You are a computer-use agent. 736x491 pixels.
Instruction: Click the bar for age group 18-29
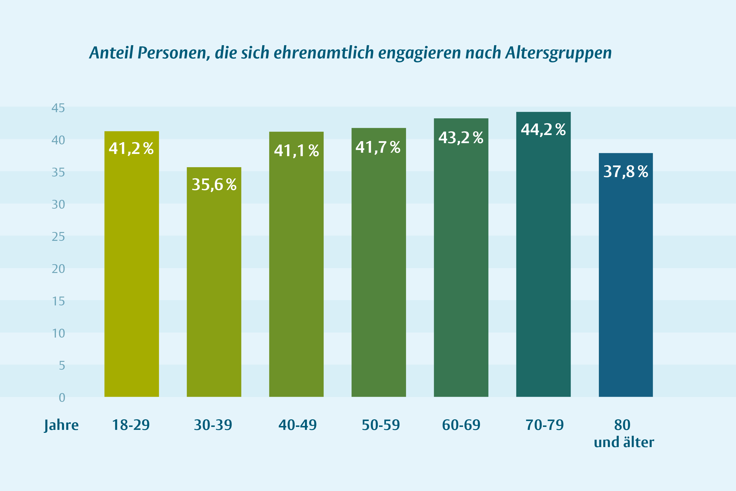[x=131, y=264]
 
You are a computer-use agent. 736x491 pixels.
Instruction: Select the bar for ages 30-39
[x=214, y=282]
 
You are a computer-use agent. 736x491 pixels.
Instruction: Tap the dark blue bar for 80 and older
[x=626, y=275]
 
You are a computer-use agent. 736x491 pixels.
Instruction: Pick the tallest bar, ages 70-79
[x=544, y=254]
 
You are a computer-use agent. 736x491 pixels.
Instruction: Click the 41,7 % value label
[x=378, y=147]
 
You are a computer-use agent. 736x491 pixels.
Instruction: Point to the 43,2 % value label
[x=461, y=137]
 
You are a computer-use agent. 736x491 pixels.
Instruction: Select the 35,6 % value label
[x=214, y=184]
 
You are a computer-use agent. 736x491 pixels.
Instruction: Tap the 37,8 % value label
[x=626, y=172]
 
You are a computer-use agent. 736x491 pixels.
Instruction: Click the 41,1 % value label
[x=296, y=151]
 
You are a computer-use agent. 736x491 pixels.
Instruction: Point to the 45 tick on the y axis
[x=58, y=108]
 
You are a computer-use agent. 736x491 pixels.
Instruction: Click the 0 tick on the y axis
[x=62, y=398]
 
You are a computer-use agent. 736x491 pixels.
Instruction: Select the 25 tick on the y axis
[x=58, y=237]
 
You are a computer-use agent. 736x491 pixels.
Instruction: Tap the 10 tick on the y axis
[x=58, y=333]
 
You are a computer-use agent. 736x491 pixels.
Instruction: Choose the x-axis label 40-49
[x=298, y=425]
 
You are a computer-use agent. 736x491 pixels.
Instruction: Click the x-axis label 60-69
[x=461, y=425]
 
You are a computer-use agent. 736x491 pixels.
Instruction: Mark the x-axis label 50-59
[x=381, y=425]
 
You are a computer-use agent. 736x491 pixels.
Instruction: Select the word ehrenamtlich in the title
[x=324, y=53]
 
